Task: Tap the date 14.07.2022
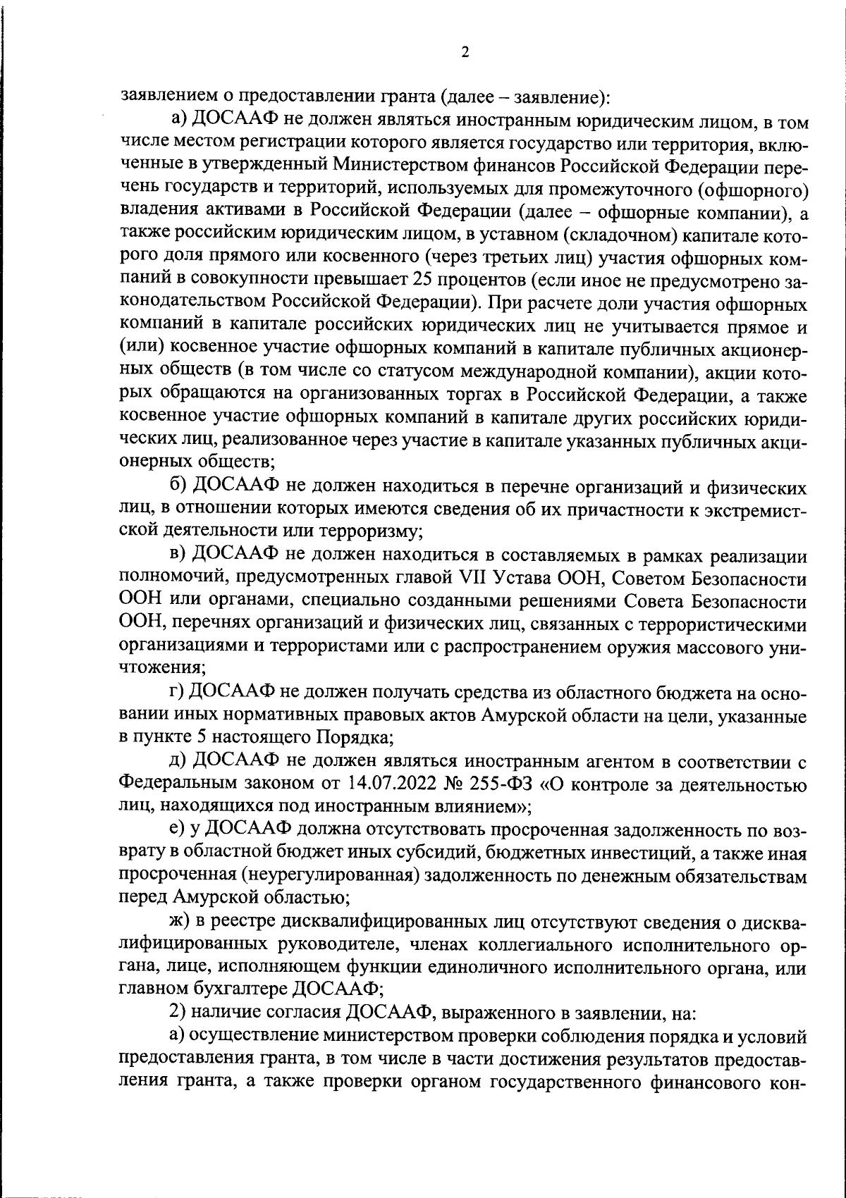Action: point(398,784)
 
